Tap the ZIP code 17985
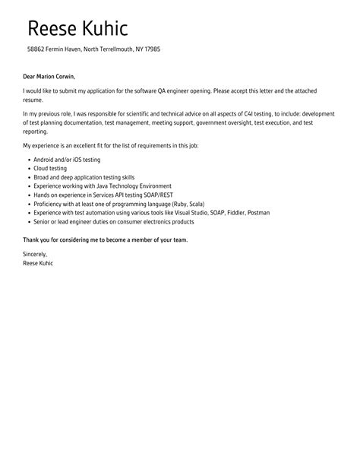tap(150, 50)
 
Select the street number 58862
tap(36, 50)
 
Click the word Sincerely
tap(35, 255)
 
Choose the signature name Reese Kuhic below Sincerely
tap(39, 263)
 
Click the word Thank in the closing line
tap(32, 239)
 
